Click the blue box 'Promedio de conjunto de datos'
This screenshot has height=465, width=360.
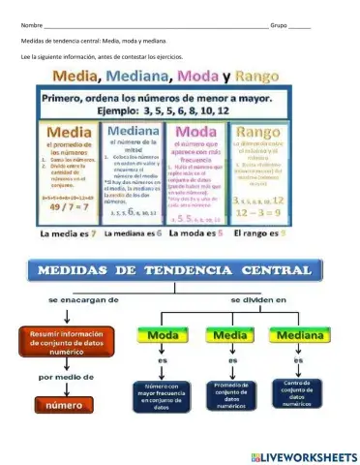[x=227, y=394]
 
